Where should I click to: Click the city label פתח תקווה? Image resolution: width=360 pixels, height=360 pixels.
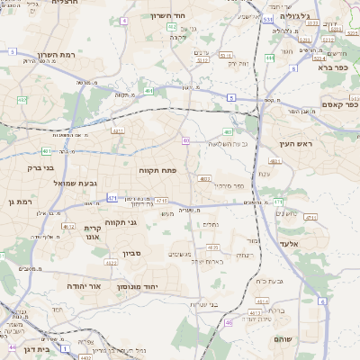157,170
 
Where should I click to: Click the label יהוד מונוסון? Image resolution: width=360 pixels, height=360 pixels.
137,285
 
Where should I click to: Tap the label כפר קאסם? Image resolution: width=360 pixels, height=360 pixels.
338,104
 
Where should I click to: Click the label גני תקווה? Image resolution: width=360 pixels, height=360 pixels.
120,221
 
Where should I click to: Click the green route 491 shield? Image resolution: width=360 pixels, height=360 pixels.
148,91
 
